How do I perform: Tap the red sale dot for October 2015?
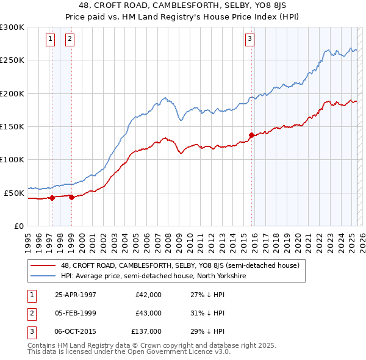pyautogui.click(x=252, y=135)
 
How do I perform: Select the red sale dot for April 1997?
pyautogui.click(x=52, y=198)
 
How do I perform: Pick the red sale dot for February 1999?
pyautogui.click(x=71, y=197)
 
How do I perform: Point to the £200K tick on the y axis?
pyautogui.click(x=12, y=94)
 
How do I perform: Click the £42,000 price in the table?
pyautogui.click(x=149, y=295)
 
